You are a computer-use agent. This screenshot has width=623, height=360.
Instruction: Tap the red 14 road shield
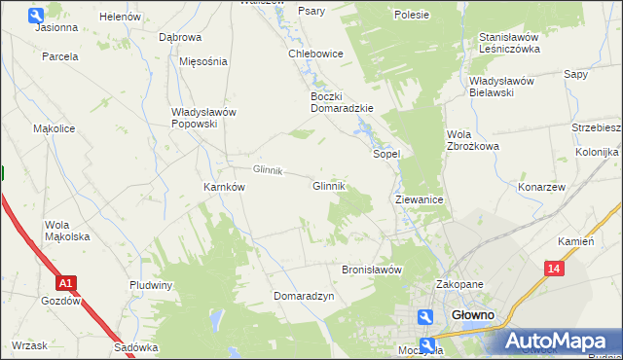554,268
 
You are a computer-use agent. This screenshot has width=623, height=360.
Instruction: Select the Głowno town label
474,315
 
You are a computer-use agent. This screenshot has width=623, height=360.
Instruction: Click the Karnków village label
223,187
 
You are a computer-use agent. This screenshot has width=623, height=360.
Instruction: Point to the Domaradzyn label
304,295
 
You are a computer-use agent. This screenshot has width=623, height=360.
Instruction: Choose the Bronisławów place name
371,270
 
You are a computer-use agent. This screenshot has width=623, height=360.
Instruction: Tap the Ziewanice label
420,199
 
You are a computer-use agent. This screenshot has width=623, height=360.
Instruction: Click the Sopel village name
387,154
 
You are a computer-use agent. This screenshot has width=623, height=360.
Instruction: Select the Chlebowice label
315,54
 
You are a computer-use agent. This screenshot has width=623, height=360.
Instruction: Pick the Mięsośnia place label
203,60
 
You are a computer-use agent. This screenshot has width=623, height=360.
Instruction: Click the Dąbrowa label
180,37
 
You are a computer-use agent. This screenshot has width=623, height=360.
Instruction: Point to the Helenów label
121,18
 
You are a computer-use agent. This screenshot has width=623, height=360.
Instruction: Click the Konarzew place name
542,187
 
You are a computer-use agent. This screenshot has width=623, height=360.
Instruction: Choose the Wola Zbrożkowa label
472,140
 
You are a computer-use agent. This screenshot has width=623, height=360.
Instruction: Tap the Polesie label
412,15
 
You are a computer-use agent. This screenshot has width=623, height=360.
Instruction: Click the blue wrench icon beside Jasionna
36,15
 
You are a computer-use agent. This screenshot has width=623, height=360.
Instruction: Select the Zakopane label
459,284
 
